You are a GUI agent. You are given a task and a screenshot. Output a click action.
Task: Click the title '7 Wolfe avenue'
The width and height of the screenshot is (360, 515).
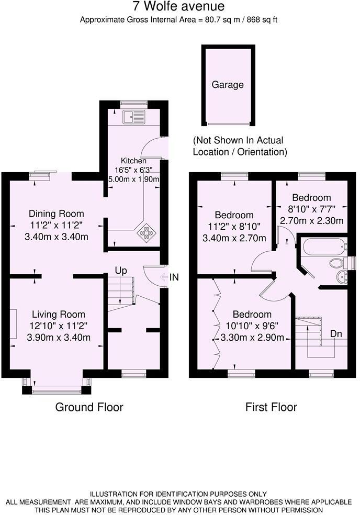coord(179,7)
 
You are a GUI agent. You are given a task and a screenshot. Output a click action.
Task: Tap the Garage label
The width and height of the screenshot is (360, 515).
coord(228,84)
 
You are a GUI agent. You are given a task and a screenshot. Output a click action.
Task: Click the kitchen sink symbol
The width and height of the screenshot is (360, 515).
coord(133,117)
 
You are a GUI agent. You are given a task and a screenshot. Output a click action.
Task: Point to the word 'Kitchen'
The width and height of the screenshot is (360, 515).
coord(133,161)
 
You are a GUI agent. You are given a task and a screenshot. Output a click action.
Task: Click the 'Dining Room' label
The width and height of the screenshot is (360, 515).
coord(56,214)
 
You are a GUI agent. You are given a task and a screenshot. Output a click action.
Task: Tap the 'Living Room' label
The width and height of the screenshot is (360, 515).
coord(58,315)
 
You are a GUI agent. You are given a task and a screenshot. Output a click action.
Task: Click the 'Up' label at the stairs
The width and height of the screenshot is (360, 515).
coord(121,271)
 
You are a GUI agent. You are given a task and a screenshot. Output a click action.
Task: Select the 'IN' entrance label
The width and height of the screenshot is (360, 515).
coord(174,277)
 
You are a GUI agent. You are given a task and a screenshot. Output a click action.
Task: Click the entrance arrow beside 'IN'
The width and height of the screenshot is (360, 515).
coord(163,277)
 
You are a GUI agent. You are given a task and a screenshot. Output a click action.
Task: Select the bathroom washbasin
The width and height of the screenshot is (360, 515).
coord(342,277)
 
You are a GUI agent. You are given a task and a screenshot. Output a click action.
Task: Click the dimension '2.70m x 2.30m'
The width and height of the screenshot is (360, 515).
coord(311,220)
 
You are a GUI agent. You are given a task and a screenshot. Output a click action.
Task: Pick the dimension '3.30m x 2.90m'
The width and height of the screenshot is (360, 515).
coord(252,338)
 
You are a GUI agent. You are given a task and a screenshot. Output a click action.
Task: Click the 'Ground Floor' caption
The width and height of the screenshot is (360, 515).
coord(89,407)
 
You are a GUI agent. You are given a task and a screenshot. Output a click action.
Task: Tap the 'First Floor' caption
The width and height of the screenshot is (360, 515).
coord(271,407)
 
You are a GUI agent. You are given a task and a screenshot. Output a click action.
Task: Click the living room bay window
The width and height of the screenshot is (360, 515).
coord(57,389)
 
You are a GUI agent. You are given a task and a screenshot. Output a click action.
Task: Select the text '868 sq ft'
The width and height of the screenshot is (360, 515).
coord(262,20)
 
